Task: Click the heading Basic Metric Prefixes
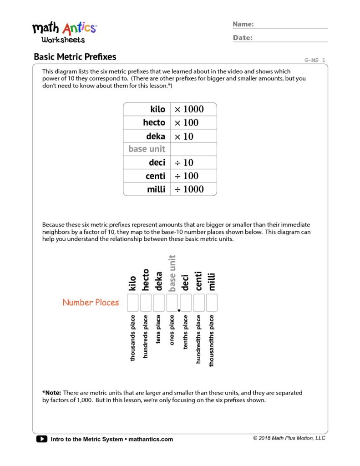click(75, 57)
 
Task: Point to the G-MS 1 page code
click(314, 60)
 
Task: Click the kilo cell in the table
click(147, 109)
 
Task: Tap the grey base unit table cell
click(147, 149)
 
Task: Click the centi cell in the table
click(147, 176)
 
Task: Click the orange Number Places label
click(91, 302)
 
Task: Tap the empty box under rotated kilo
click(132, 303)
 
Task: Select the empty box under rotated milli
click(212, 303)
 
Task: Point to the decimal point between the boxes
click(179, 310)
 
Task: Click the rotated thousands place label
click(132, 338)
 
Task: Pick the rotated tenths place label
click(185, 332)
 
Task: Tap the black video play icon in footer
click(41, 439)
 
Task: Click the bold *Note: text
click(51, 393)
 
